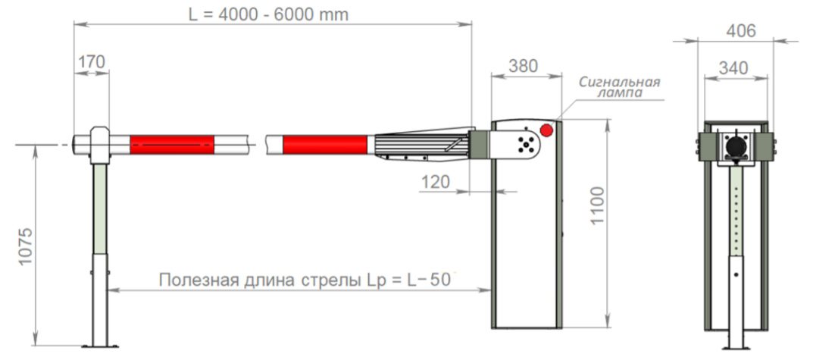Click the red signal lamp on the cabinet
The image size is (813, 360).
[546, 130]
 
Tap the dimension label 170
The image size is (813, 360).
[91, 62]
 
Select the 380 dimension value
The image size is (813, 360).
[523, 66]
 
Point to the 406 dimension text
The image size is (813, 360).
[740, 31]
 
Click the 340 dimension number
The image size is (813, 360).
[733, 68]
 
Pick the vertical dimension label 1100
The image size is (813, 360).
[597, 205]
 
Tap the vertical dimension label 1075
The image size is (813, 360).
[26, 246]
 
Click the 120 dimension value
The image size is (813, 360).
[435, 182]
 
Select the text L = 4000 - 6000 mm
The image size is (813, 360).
[268, 14]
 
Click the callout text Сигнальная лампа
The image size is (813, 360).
[620, 86]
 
